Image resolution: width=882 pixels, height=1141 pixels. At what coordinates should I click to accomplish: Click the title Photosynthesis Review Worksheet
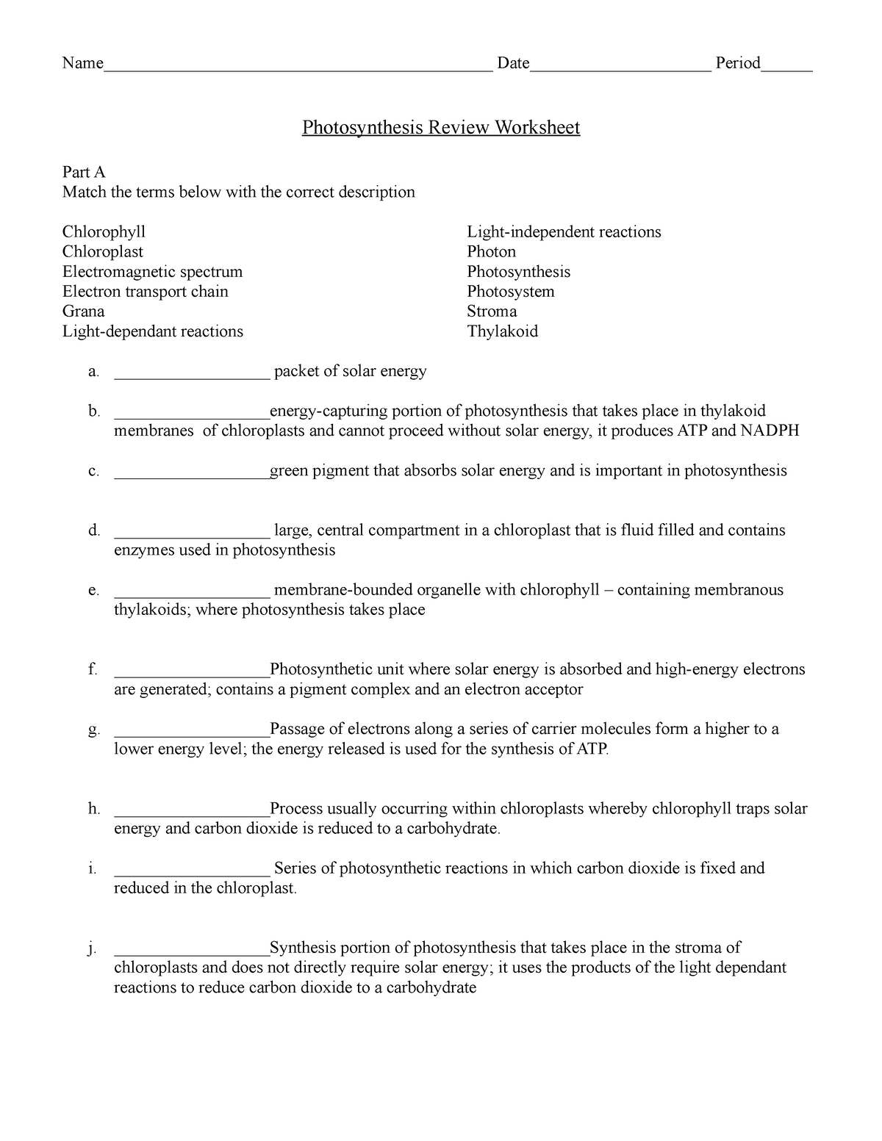pos(441,128)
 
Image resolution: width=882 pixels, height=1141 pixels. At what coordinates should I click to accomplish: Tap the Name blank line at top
pos(298,66)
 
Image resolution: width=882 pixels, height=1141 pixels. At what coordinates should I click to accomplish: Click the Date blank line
pos(620,66)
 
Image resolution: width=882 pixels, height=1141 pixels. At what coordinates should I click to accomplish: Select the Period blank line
pos(786,66)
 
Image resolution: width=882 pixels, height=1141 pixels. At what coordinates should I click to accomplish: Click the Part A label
pos(84,172)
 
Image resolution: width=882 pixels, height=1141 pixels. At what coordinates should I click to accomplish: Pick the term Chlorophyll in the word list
pos(104,232)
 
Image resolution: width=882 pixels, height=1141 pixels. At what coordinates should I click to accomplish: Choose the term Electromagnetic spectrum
pos(152,272)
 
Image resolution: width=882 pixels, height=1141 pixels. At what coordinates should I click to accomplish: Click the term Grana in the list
pos(83,312)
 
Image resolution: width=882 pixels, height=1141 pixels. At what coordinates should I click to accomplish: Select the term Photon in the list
pos(491,252)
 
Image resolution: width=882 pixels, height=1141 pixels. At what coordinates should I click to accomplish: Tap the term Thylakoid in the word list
pos(502,331)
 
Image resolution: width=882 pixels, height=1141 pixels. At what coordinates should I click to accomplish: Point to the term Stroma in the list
pos(492,312)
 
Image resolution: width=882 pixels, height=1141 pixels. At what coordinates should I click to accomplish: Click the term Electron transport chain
pos(145,292)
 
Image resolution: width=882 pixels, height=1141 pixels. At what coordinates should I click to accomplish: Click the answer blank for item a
pos(192,373)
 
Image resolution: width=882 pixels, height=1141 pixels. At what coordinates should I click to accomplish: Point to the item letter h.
pos(93,810)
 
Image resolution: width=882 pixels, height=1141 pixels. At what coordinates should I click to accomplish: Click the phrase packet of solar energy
pos(350,372)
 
